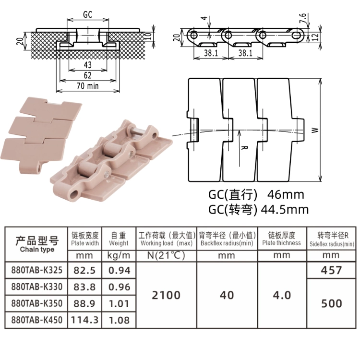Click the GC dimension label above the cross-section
click(88, 14)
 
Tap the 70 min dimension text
click(88, 86)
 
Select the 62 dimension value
click(88, 75)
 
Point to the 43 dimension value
click(88, 65)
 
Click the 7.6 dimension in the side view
click(303, 18)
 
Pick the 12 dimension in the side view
click(315, 37)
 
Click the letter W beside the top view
click(315, 130)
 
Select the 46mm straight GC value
click(286, 195)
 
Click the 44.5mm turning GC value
click(285, 210)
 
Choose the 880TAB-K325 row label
click(37, 270)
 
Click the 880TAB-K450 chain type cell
click(37, 320)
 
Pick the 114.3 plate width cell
click(84, 320)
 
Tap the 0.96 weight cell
click(119, 287)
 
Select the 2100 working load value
click(166, 295)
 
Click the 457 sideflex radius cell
click(331, 270)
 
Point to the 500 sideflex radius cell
click(332, 303)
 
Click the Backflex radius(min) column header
click(227, 243)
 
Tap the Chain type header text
click(37, 250)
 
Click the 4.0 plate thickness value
click(282, 295)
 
